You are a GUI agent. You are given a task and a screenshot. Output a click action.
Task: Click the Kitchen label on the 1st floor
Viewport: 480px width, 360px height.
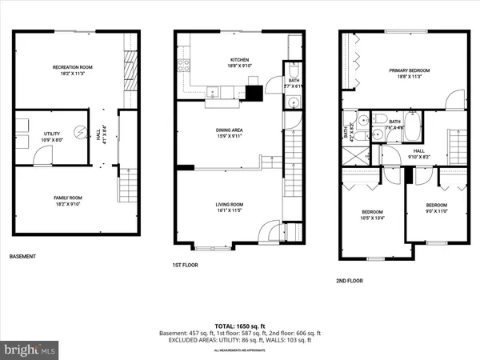click(239, 62)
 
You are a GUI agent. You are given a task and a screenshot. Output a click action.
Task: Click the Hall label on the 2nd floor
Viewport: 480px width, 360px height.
click(419, 154)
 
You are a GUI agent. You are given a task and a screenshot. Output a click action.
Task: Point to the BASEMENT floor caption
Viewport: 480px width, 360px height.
click(23, 257)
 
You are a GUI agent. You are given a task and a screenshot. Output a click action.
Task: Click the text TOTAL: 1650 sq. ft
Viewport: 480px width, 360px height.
click(240, 326)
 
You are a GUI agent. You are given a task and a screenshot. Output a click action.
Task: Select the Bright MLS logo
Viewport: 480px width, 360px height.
click(30, 350)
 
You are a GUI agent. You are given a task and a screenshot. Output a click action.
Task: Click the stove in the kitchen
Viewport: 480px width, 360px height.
click(183, 66)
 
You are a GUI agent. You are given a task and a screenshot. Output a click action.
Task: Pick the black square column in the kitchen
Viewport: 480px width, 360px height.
click(254, 92)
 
